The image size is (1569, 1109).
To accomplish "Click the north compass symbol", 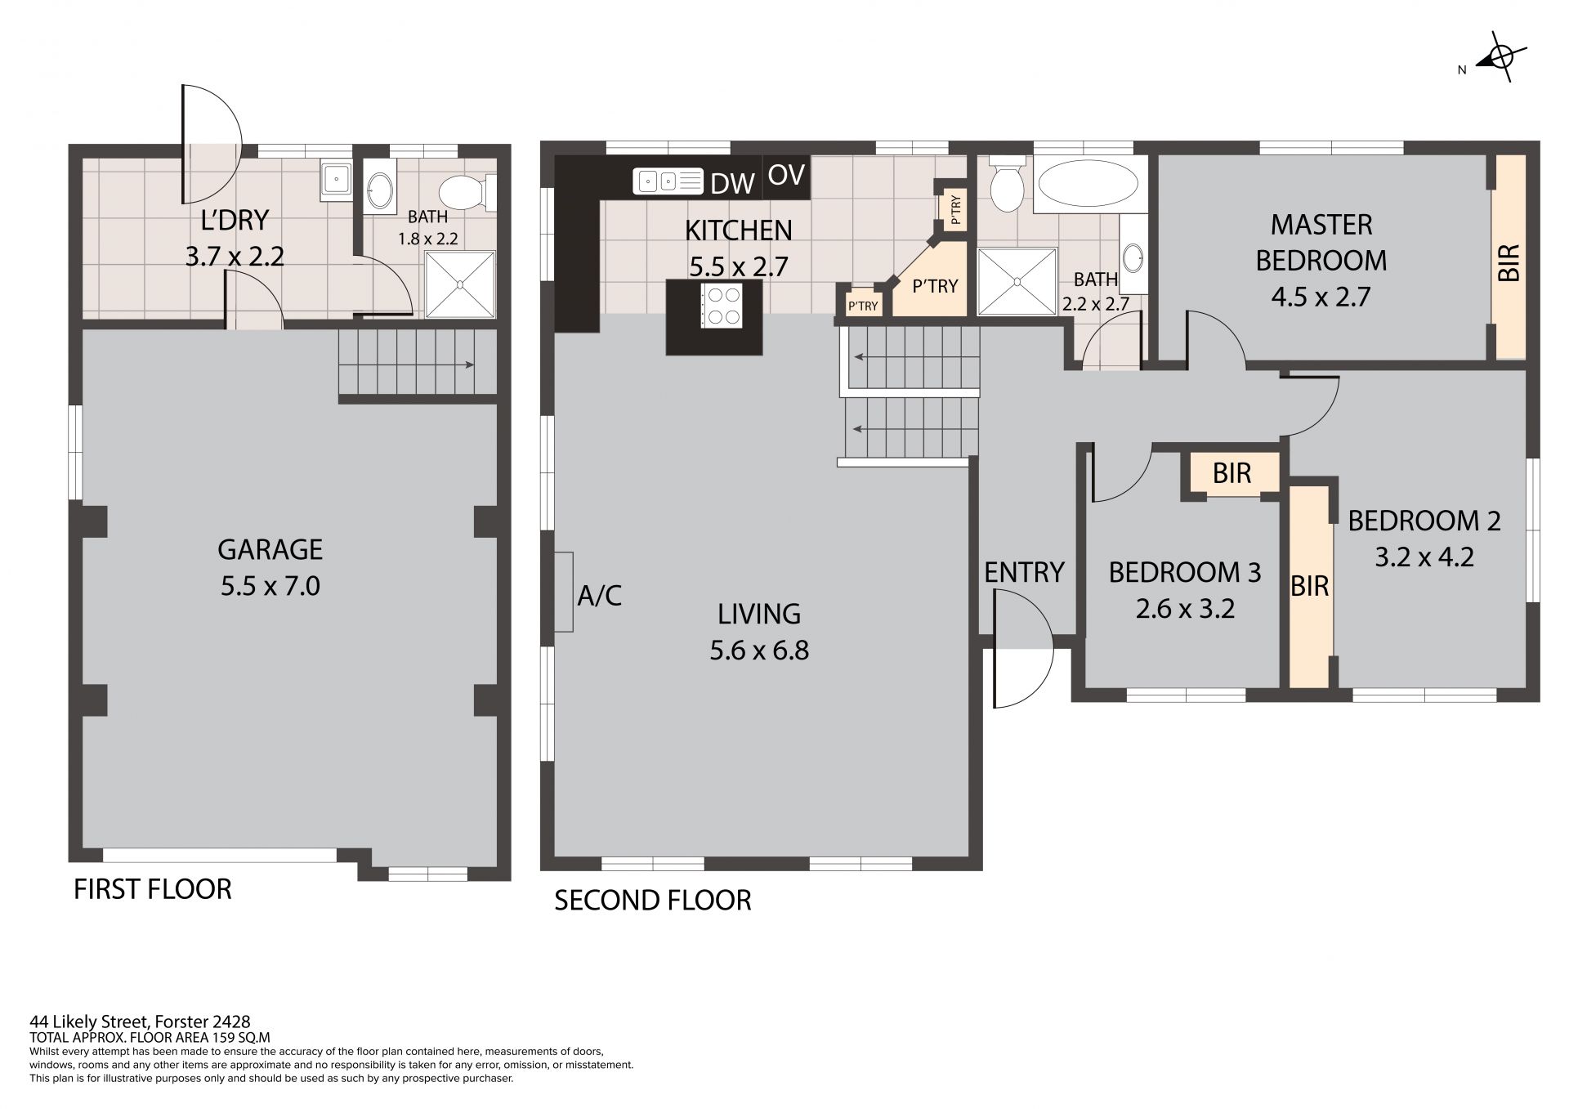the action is pyautogui.click(x=1500, y=57).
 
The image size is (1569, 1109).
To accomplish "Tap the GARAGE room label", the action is pyautogui.click(x=270, y=549).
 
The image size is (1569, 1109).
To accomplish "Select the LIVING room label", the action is pyautogui.click(x=759, y=614).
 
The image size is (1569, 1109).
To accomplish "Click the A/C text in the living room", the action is pyautogui.click(x=600, y=596).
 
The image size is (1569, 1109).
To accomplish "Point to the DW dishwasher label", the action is pyautogui.click(x=732, y=184).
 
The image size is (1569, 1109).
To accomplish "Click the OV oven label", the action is pyautogui.click(x=786, y=175).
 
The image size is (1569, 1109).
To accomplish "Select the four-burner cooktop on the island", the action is pyautogui.click(x=722, y=305).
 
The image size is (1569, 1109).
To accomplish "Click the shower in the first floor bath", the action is pyautogui.click(x=460, y=284).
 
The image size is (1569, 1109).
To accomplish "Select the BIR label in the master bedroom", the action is pyautogui.click(x=1510, y=263).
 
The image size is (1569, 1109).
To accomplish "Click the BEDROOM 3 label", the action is pyautogui.click(x=1185, y=572).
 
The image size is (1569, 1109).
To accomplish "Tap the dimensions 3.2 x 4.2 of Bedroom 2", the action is pyautogui.click(x=1424, y=557).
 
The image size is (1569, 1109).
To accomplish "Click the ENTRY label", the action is pyautogui.click(x=1024, y=573).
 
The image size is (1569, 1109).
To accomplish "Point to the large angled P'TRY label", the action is pyautogui.click(x=935, y=286).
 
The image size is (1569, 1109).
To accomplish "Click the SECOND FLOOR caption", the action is pyautogui.click(x=653, y=901).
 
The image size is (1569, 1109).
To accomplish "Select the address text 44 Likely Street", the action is pyautogui.click(x=88, y=1022).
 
